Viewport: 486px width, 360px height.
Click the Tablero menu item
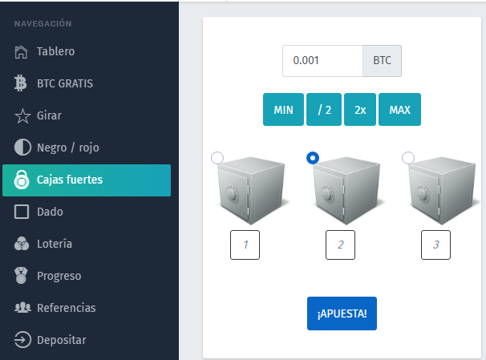tap(45, 51)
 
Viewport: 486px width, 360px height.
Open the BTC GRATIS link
tap(53, 83)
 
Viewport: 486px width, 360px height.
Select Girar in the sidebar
tap(38, 115)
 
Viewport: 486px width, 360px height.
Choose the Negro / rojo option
tap(57, 148)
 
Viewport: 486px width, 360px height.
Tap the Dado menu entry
tap(38, 212)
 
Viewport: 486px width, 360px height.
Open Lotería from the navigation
tap(43, 244)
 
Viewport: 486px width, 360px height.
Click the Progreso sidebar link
tap(48, 276)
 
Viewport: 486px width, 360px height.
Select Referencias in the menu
tap(55, 308)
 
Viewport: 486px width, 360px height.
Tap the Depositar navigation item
tap(51, 340)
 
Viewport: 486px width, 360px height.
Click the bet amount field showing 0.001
tap(322, 61)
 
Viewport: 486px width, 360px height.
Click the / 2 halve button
tap(324, 109)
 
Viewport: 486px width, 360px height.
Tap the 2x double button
tap(360, 109)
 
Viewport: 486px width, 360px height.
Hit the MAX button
tap(400, 109)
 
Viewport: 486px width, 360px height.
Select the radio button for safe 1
tap(217, 158)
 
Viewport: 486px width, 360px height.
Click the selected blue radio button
tap(313, 158)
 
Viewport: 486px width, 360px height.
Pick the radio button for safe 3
tap(408, 158)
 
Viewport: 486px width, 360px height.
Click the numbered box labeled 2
tap(340, 245)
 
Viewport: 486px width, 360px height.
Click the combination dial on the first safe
tap(232, 194)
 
